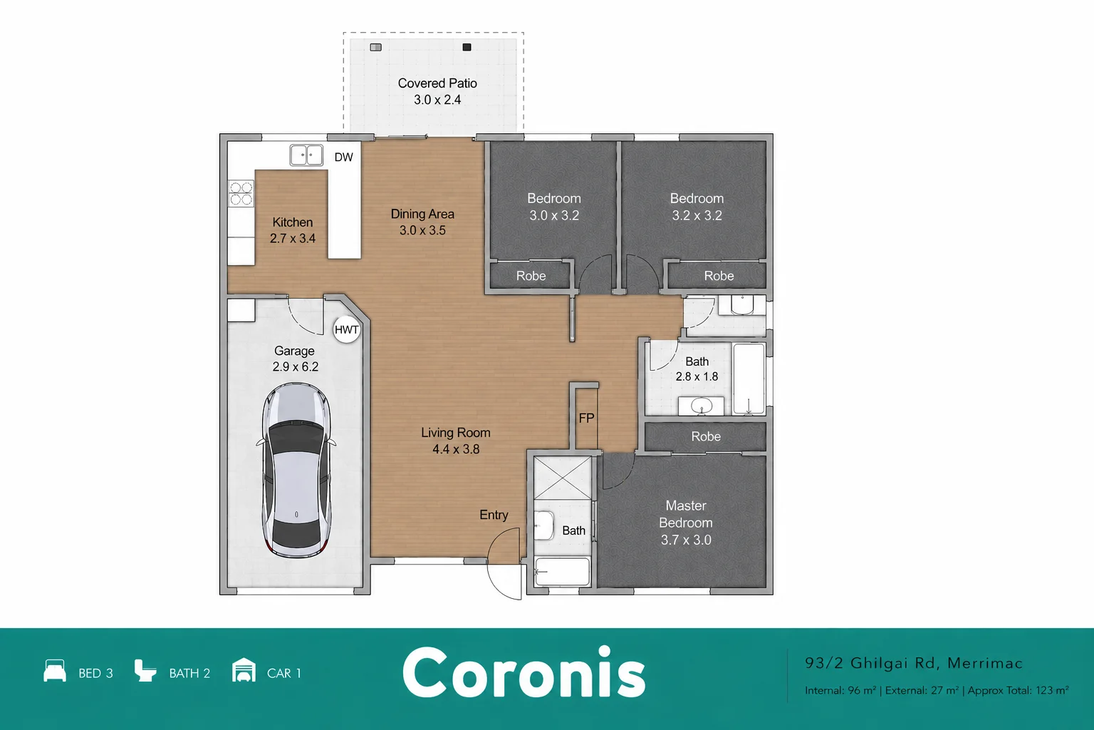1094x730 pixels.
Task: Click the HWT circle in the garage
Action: tap(347, 329)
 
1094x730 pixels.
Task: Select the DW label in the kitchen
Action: tap(343, 157)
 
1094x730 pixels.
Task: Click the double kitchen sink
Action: tap(306, 155)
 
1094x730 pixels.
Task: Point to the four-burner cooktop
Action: tap(241, 193)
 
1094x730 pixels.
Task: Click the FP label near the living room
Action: tap(586, 418)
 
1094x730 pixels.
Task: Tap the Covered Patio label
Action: tap(437, 83)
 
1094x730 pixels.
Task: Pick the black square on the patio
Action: tap(467, 47)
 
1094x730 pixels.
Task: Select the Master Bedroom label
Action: tap(686, 514)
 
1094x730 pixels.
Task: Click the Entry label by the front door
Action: tap(494, 515)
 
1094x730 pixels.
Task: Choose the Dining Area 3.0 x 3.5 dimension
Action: tap(422, 230)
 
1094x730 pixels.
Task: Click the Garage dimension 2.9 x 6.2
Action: tap(295, 366)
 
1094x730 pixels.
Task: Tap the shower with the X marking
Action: tap(563, 478)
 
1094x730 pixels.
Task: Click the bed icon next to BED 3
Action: tap(55, 670)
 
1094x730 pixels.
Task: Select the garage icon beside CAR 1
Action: tap(244, 669)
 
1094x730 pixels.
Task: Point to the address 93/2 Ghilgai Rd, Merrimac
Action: tap(914, 663)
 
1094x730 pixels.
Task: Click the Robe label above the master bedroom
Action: tap(706, 436)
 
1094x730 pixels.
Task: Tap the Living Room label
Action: tap(456, 433)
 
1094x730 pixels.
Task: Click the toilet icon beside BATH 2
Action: tap(145, 670)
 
